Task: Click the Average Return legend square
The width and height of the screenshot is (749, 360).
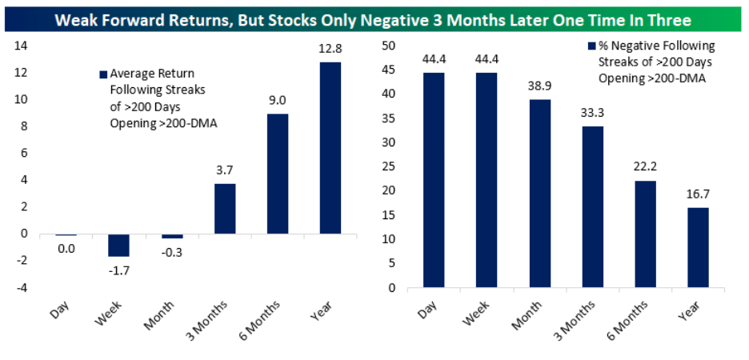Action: click(103, 75)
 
